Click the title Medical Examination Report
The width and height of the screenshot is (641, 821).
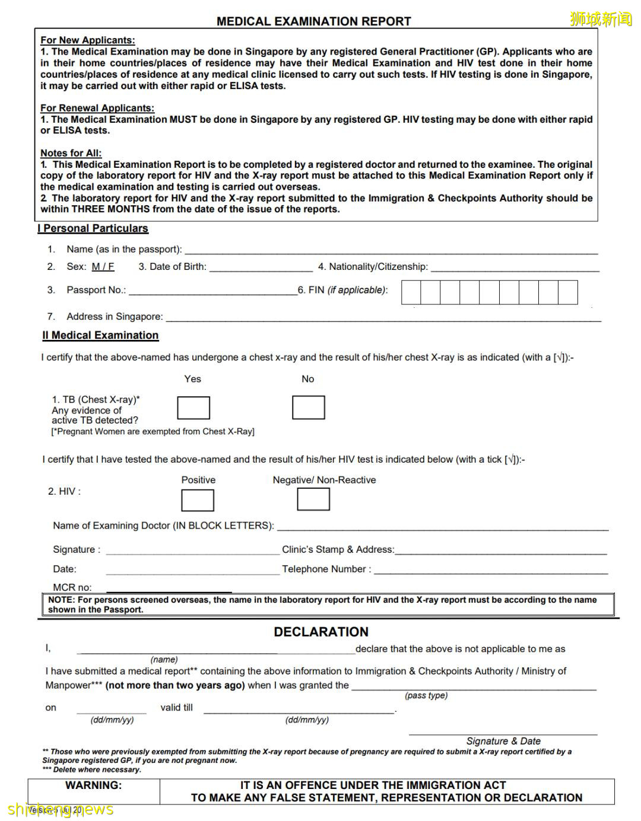313,21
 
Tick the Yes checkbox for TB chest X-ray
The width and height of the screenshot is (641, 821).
193,408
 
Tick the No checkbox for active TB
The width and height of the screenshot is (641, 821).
308,408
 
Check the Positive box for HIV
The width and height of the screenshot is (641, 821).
198,500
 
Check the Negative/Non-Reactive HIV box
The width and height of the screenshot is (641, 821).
313,499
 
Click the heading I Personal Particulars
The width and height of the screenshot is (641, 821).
93,228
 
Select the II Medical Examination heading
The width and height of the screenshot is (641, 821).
100,335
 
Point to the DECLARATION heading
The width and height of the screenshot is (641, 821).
321,632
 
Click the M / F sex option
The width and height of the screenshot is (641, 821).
103,267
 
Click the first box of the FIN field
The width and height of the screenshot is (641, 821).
411,292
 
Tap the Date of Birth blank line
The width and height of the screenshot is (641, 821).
261,268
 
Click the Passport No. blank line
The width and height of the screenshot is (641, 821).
212,291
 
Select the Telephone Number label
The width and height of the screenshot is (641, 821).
326,569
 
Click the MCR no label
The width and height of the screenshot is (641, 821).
72,587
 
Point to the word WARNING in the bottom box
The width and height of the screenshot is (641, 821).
93,785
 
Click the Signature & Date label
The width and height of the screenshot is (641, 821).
503,741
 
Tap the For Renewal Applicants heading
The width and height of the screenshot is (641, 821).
97,108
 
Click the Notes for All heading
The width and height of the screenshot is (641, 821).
71,153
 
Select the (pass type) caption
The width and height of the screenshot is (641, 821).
426,695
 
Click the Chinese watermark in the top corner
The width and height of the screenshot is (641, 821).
601,19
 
